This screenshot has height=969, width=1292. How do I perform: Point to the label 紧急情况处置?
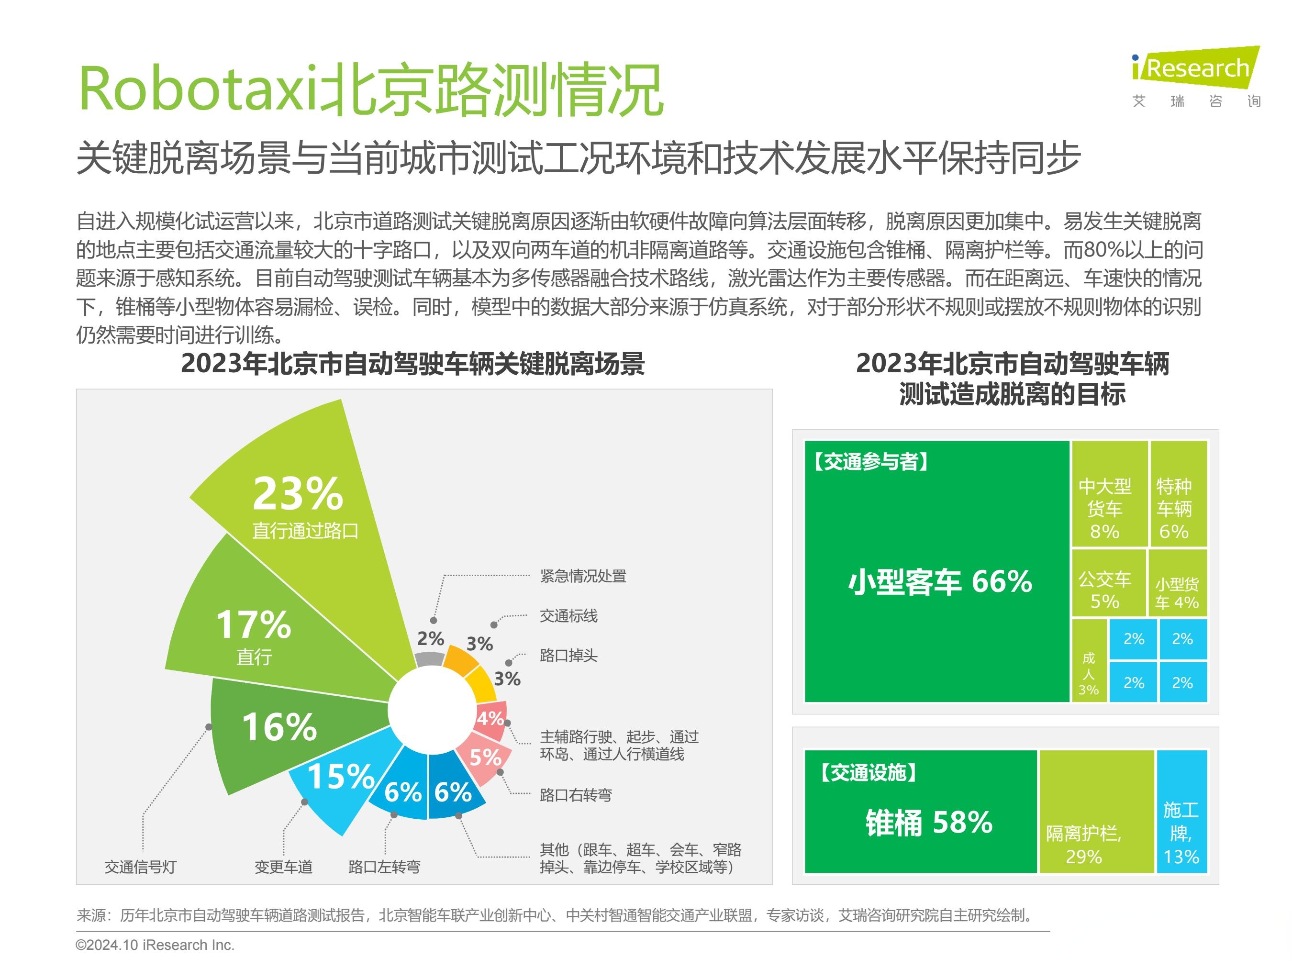(x=582, y=577)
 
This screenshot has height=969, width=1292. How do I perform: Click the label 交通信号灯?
(x=140, y=867)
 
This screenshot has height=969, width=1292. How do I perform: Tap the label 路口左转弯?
(x=384, y=867)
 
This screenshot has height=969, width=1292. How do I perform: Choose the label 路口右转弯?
(x=575, y=795)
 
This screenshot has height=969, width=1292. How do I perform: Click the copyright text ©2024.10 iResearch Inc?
(x=155, y=945)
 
